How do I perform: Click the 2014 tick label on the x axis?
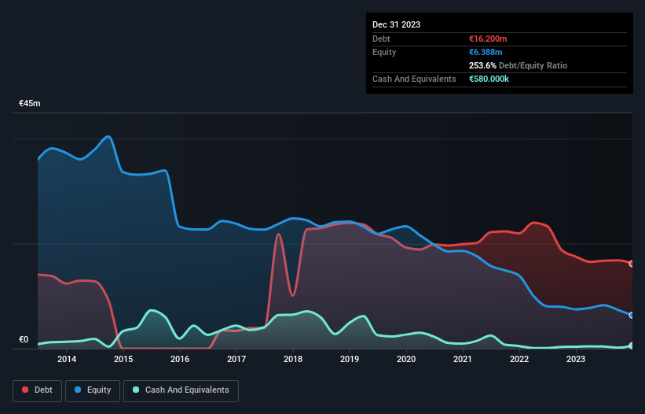click(67, 360)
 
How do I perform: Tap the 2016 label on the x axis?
click(180, 360)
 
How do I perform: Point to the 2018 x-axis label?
click(293, 360)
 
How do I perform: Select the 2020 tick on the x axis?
click(406, 360)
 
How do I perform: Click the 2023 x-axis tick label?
click(576, 360)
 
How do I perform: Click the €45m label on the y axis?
click(30, 103)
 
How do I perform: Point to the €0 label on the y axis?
click(24, 340)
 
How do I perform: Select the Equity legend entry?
click(93, 390)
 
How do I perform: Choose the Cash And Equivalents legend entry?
click(181, 390)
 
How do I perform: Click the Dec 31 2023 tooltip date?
click(396, 24)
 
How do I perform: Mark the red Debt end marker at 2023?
click(632, 264)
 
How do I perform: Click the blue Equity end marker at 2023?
click(632, 315)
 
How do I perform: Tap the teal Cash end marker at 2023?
click(632, 346)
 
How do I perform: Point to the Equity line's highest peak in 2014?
click(108, 136)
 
